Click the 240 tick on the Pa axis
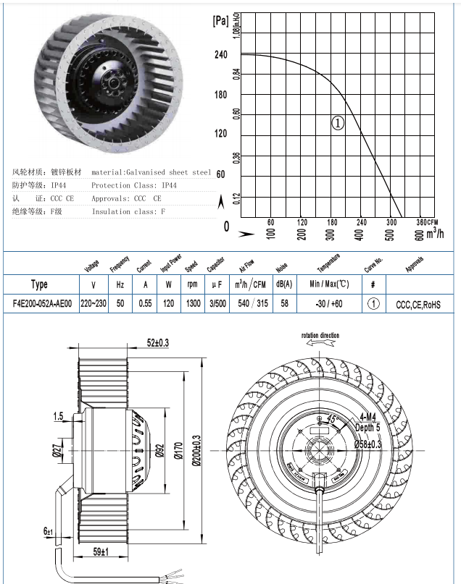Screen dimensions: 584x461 click(221, 54)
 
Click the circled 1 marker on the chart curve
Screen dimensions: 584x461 click(338, 123)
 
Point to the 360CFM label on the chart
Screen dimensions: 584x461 click(429, 222)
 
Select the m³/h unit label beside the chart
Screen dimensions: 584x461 click(434, 233)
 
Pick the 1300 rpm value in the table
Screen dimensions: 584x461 click(193, 304)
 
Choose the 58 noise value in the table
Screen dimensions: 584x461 click(284, 304)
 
